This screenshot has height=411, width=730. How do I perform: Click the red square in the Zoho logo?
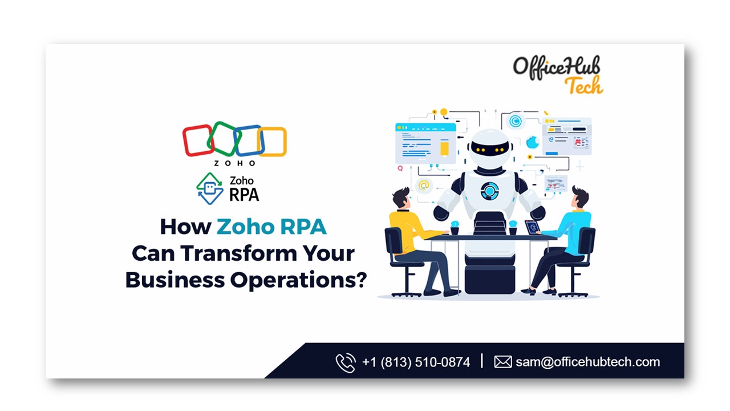coord(197,140)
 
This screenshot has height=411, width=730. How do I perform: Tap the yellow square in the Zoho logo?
coord(271,142)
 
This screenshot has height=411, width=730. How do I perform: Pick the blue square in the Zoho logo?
coord(248,140)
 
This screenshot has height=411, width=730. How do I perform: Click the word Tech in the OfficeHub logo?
coord(583,86)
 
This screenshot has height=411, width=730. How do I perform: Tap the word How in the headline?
coord(185,227)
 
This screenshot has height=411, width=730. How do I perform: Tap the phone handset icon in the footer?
coord(345,362)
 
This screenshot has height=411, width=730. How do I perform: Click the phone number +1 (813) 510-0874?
coord(416,362)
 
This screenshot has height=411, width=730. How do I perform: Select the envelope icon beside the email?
coord(502,362)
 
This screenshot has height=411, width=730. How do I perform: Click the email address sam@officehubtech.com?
coord(587,362)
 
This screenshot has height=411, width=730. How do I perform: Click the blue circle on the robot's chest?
coord(489,191)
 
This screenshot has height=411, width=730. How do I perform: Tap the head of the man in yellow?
coord(400,199)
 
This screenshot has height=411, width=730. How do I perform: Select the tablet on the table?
coord(532,227)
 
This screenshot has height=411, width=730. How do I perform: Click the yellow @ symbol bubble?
coord(423,185)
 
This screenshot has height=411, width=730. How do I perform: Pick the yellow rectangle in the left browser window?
coord(445,148)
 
